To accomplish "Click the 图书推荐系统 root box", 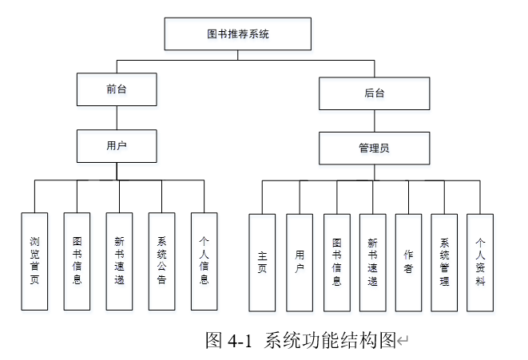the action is coord(238,34).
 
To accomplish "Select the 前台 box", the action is coord(117,89).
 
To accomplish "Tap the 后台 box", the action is coord(375,93).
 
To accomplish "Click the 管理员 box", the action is coord(375,148).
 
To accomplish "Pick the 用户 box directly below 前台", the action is coord(117,146).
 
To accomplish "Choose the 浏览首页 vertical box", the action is coord(34,262).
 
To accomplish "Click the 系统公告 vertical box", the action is coord(161,262).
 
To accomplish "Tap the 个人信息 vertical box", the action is coord(204,262).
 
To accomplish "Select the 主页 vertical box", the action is coord(262,263).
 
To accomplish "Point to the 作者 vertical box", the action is coord(408,263).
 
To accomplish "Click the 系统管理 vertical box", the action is coord(444,263).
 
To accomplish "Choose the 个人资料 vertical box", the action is coord(480,263).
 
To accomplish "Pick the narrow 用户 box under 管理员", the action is coord(300,263).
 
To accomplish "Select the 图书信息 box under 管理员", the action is coord(337,263).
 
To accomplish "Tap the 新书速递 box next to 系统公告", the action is coord(119,262).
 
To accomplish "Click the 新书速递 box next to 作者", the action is coord(373,263).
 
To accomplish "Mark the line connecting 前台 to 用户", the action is coord(117,118).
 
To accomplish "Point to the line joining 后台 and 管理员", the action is coord(375,121).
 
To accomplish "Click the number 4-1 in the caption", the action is coord(240,341).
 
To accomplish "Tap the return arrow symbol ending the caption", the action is coord(403,341).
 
